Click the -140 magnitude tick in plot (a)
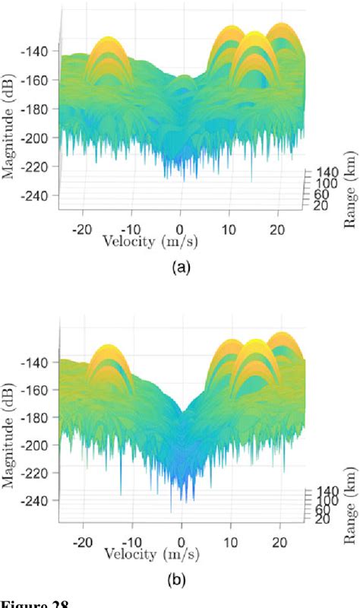(x=36, y=52)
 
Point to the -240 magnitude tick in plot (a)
(x=36, y=195)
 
